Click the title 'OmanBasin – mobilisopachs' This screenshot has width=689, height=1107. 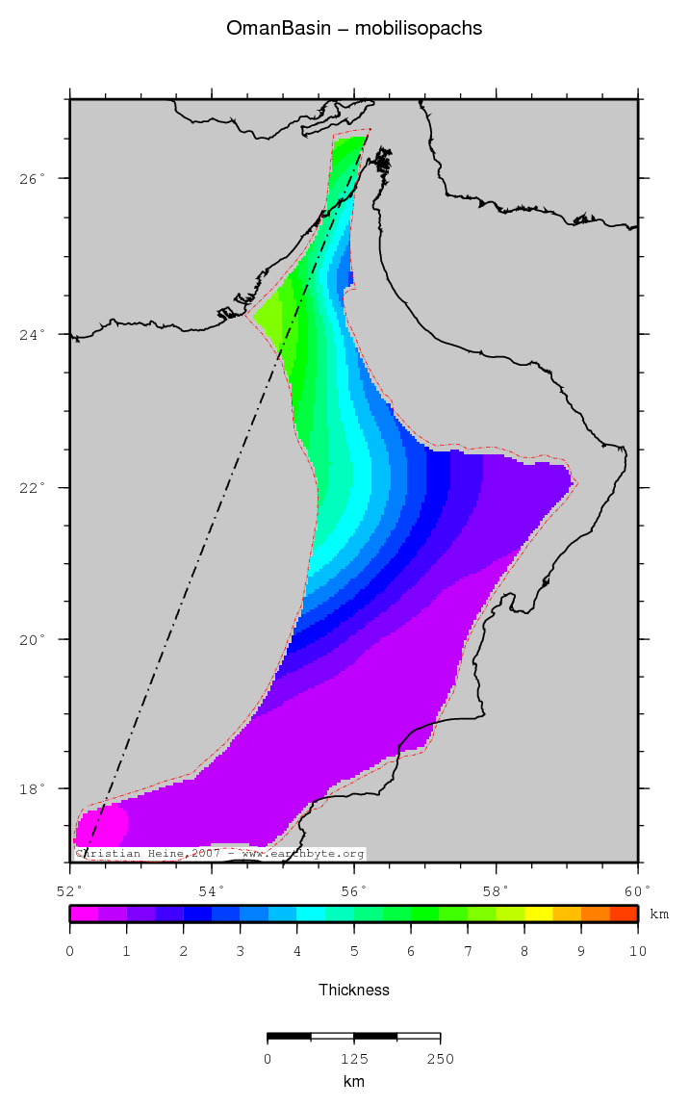pyautogui.click(x=354, y=29)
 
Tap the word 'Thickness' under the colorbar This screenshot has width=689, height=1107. pyautogui.click(x=354, y=990)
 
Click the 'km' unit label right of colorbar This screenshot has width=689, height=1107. pyautogui.click(x=659, y=914)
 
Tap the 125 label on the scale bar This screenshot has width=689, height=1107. pyautogui.click(x=354, y=1059)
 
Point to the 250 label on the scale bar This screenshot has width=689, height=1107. pyautogui.click(x=440, y=1059)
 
